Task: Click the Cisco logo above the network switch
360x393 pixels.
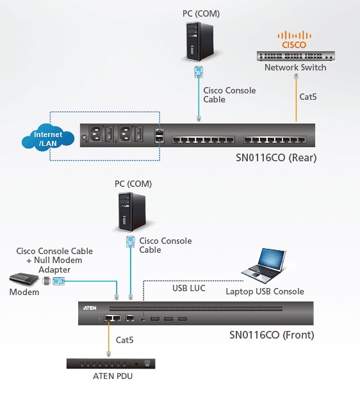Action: tap(294, 40)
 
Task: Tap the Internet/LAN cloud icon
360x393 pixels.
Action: tap(48, 138)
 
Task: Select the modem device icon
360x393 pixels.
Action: tap(24, 279)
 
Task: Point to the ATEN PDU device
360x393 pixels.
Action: tap(111, 364)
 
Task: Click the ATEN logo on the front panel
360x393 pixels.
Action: tap(90, 308)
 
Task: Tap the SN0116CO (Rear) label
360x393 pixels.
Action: tap(276, 157)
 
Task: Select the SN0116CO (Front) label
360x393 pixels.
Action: tap(272, 335)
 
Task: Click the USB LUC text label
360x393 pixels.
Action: tap(189, 288)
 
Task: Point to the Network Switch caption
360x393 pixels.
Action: tap(295, 67)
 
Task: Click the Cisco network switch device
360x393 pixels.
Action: tap(295, 56)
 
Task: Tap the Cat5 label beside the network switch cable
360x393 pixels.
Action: tap(308, 97)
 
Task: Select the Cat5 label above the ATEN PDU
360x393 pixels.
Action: tap(124, 340)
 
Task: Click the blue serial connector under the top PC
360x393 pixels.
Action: tap(199, 72)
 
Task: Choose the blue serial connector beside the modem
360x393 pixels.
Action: tap(59, 281)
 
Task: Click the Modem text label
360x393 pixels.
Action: tap(24, 292)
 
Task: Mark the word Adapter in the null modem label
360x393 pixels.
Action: tap(54, 269)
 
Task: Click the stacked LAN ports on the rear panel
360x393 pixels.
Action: tap(160, 136)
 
